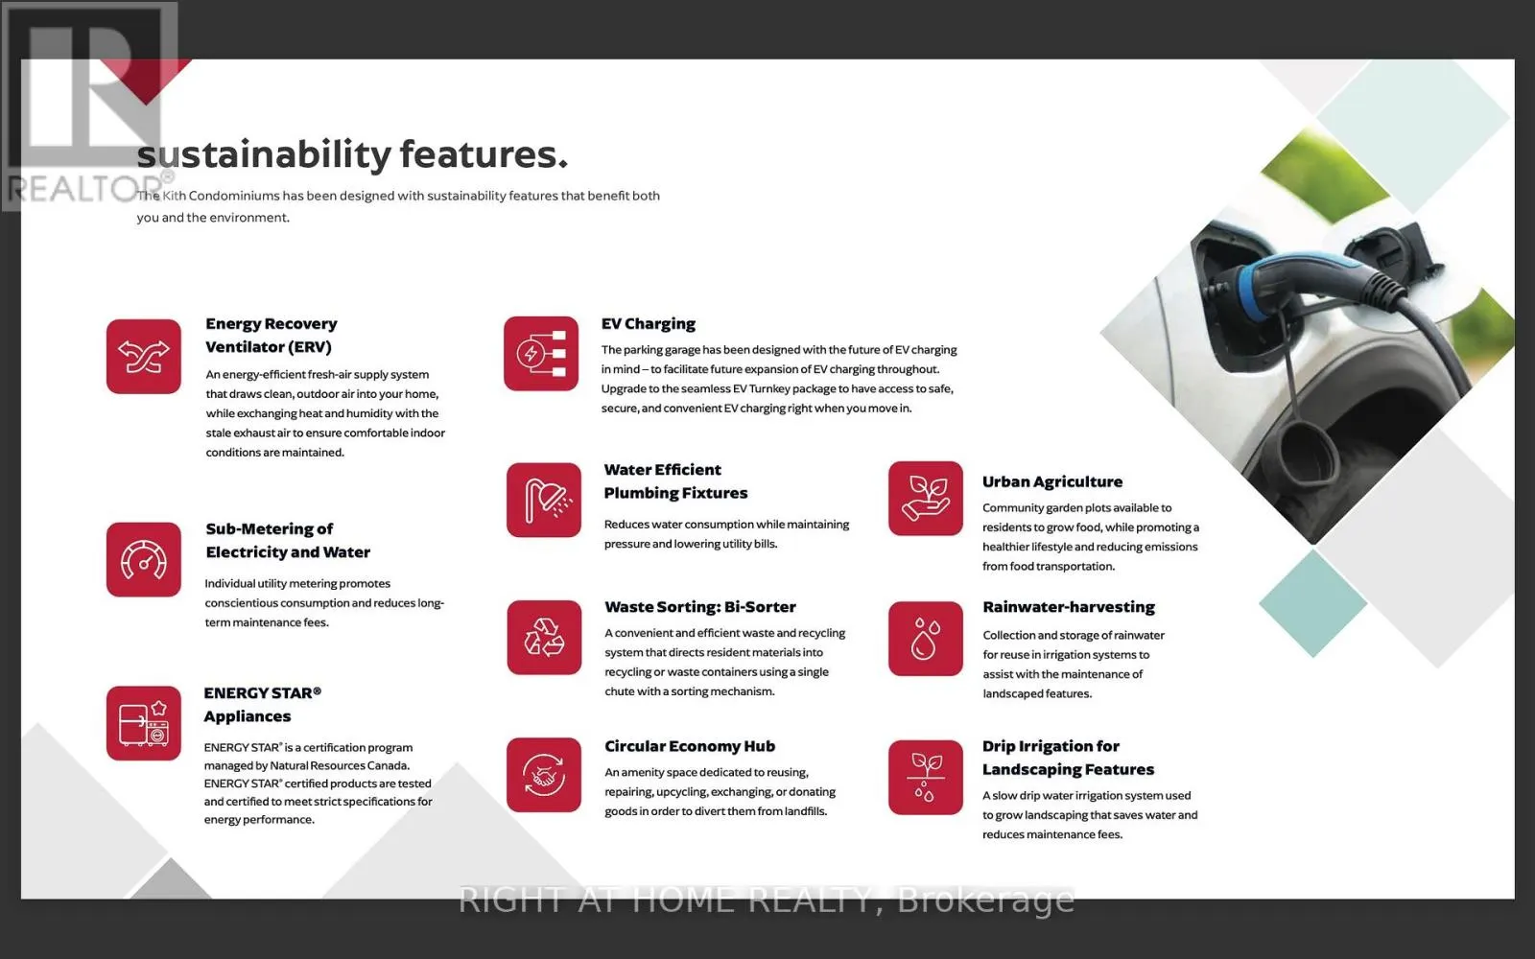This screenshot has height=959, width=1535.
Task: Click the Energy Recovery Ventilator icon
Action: (x=143, y=356)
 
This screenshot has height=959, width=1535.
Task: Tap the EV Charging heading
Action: (x=649, y=323)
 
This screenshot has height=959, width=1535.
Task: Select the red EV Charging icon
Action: (x=541, y=354)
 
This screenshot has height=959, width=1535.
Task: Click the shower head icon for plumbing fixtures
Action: (x=544, y=500)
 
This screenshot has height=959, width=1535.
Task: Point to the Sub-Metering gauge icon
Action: (x=143, y=560)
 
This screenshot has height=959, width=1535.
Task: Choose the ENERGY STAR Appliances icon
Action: (x=143, y=723)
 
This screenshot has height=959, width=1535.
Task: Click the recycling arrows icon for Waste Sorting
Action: (x=544, y=638)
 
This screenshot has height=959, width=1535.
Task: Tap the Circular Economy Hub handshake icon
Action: (x=544, y=775)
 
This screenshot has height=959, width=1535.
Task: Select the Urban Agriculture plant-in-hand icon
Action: (x=926, y=499)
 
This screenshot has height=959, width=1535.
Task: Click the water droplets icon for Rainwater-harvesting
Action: (x=926, y=639)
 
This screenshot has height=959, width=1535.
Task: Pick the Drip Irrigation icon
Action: (x=926, y=778)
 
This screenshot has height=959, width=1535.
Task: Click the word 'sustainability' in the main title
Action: (x=264, y=154)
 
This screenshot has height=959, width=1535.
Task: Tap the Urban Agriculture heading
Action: (x=1052, y=481)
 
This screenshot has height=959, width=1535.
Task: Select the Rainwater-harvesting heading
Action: (x=1069, y=607)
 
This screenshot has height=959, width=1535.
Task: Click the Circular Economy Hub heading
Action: (x=690, y=746)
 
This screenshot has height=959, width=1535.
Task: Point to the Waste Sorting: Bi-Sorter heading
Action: (x=700, y=607)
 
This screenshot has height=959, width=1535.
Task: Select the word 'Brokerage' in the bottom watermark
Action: (x=985, y=901)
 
